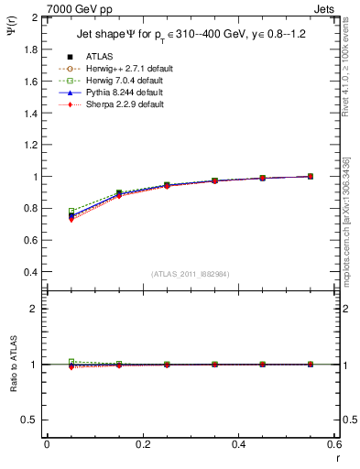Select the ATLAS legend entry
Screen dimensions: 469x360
click(100, 57)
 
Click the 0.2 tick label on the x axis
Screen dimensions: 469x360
click(142, 444)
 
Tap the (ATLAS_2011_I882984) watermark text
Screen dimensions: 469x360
click(190, 273)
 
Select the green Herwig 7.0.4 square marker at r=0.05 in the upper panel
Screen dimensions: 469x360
click(71, 212)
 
